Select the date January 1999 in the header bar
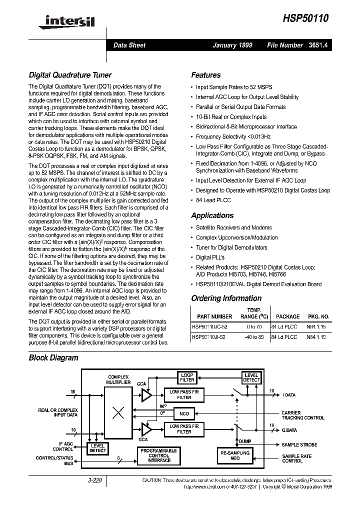(x=232, y=45)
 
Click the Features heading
(x=205, y=75)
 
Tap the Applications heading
(x=212, y=215)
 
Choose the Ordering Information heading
(x=226, y=298)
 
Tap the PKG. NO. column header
(x=318, y=316)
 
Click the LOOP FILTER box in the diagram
(x=186, y=377)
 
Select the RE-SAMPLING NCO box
(x=234, y=455)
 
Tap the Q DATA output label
(x=290, y=430)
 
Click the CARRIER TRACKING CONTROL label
(x=303, y=415)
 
